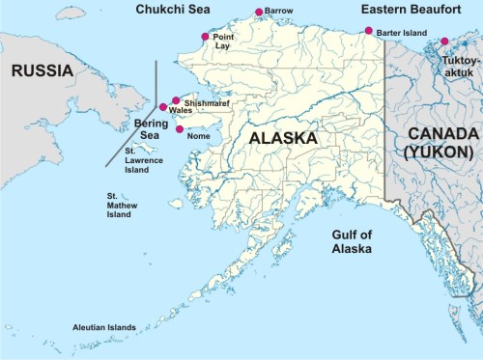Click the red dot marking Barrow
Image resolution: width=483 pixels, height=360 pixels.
[x=258, y=13]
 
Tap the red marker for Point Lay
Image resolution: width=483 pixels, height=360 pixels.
[x=205, y=37]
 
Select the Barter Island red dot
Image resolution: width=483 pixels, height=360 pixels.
[x=368, y=31]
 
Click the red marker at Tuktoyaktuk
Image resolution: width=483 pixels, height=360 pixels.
[x=444, y=42]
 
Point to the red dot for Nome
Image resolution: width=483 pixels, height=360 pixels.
[x=180, y=129]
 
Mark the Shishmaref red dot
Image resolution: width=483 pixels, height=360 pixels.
[x=176, y=100]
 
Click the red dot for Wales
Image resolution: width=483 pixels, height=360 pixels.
[x=163, y=107]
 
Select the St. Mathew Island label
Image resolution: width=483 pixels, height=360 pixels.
[x=119, y=204]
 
